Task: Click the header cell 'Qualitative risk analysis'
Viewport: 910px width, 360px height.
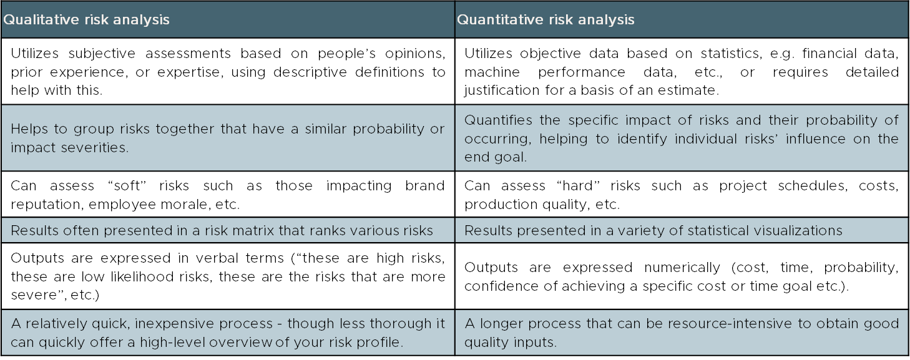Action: click(228, 19)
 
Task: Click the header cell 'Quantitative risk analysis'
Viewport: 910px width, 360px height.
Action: click(682, 19)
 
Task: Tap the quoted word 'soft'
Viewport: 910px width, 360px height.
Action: click(127, 186)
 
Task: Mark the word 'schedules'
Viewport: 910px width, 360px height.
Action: click(813, 186)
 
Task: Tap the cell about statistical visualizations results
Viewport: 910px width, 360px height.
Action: click(682, 230)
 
